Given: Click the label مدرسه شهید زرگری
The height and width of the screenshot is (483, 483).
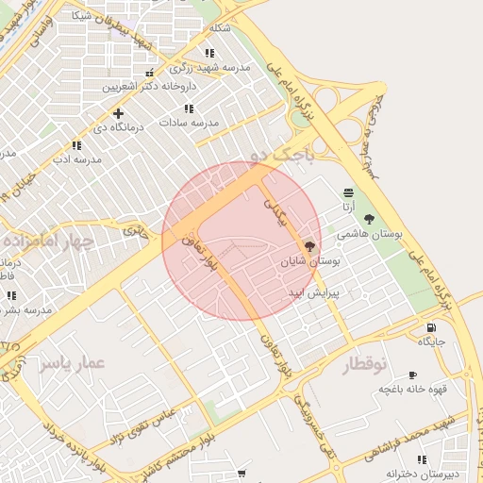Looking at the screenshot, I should [x=209, y=68].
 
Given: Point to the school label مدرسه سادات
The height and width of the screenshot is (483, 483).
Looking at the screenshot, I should [x=189, y=123].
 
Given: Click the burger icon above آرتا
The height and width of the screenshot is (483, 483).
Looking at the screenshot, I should [x=349, y=192].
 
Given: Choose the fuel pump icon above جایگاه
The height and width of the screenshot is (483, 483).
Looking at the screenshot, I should [x=431, y=326].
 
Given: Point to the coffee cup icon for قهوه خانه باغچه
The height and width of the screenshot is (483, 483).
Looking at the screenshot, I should [x=412, y=375].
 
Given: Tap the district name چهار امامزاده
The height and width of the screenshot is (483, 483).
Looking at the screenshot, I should [x=47, y=241].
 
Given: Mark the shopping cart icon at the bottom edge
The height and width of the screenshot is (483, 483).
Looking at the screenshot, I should [x=242, y=473].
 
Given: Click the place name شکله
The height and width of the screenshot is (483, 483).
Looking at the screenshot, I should [x=219, y=28].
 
